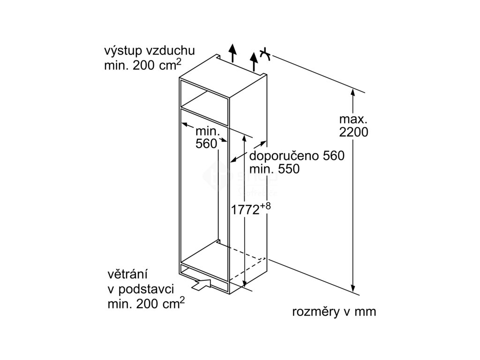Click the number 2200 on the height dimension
point(353,132)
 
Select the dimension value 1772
point(245,210)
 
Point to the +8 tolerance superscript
point(266,205)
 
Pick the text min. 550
point(274,169)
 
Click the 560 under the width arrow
point(206,144)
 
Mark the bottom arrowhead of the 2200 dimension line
point(353,289)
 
